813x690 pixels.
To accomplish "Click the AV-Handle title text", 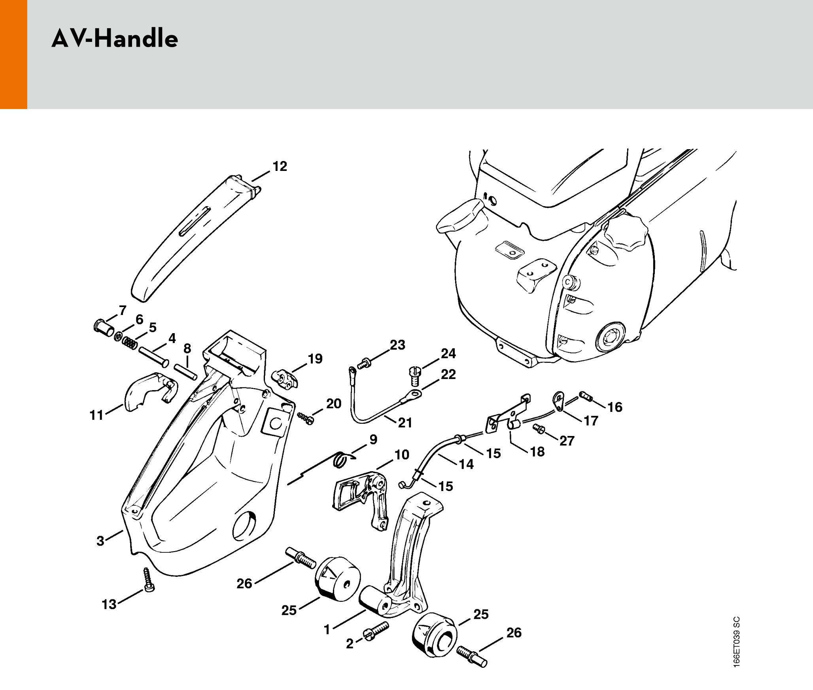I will [115, 39].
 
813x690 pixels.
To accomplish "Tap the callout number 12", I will [280, 166].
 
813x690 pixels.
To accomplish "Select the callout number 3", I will [100, 541].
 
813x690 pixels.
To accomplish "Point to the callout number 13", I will [109, 604].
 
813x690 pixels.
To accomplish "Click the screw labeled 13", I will [149, 580].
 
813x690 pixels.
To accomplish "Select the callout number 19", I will [315, 358].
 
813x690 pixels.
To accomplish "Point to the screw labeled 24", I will [414, 375].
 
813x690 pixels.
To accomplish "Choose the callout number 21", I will [405, 423].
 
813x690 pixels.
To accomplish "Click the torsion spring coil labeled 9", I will [341, 460].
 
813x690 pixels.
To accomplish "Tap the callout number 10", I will [402, 455].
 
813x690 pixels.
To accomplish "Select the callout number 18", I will [537, 451].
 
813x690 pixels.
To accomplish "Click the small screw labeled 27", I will [539, 428].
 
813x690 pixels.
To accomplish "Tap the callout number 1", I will [327, 629].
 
